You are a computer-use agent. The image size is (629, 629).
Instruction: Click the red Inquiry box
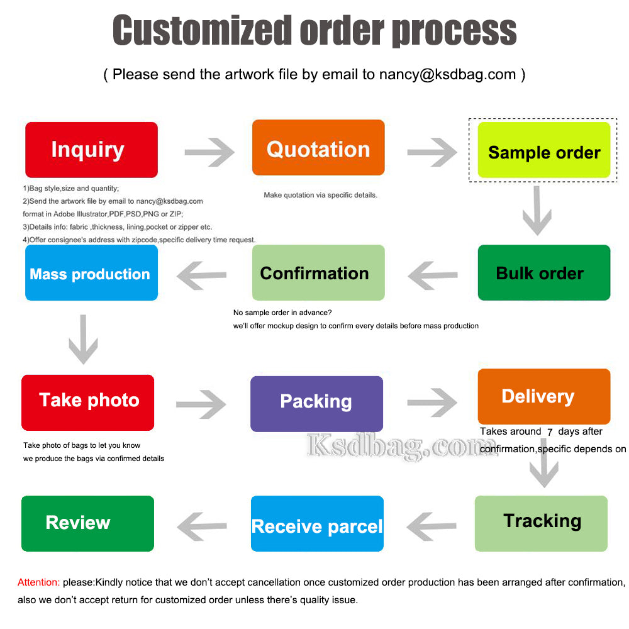(x=91, y=150)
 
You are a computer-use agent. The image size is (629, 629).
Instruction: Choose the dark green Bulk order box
(x=544, y=272)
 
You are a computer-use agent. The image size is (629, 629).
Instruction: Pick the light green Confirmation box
(x=318, y=272)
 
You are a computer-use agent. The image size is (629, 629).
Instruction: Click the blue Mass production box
(x=91, y=272)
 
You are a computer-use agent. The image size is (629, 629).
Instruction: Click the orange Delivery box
(x=544, y=396)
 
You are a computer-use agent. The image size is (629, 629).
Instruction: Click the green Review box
(x=87, y=523)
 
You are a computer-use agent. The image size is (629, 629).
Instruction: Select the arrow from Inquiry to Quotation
(x=209, y=152)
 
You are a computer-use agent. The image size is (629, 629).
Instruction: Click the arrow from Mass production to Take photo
(x=83, y=340)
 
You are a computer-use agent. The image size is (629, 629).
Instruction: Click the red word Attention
(x=39, y=582)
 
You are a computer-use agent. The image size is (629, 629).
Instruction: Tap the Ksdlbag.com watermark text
(x=403, y=446)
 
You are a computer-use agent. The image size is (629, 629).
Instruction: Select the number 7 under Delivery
(x=550, y=431)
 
